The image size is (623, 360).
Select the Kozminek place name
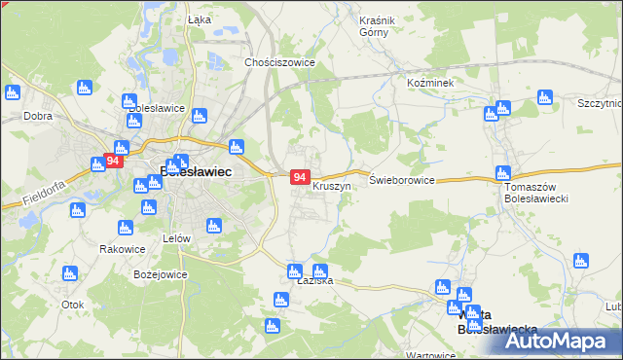coord(430,85)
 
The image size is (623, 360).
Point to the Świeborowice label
coord(401,180)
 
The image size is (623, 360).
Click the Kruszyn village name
coord(331,185)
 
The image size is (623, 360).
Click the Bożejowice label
coord(160,274)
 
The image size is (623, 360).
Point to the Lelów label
coord(176,237)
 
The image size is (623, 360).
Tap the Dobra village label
coord(37,116)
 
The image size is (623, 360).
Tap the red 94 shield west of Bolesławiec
coord(114,161)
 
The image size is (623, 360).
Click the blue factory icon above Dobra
coord(13,93)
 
